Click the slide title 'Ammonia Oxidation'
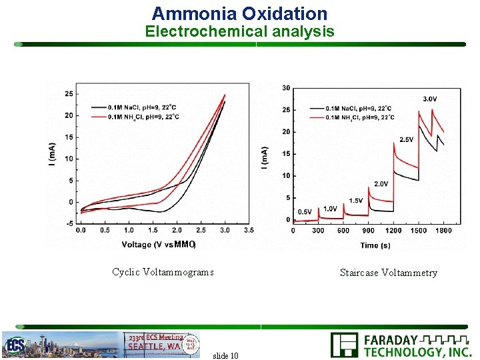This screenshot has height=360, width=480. pos(239,13)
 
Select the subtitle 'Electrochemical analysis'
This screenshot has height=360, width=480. pos(239,31)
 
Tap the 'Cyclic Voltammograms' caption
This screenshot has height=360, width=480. pos(163,272)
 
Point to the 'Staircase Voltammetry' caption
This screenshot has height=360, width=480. pos(388,273)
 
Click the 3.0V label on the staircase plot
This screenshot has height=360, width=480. pos(431,99)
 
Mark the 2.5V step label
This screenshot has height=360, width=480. pos(407,139)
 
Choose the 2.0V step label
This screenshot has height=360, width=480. pos(381,183)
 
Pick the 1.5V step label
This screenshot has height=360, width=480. pos(355,201)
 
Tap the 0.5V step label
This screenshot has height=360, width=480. pos(304,211)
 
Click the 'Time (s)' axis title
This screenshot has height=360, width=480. pos(375,245)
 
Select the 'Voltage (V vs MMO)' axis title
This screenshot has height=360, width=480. pos(159,245)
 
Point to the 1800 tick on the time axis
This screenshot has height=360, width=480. pos(443,231)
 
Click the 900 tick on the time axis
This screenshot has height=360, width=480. pos(368,231)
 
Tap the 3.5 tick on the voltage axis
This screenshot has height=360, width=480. pos(249,230)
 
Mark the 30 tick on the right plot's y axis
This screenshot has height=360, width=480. pos(285,88)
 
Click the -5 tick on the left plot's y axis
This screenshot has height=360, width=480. pos(69,223)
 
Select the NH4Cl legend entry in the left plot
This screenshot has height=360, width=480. pos(144,117)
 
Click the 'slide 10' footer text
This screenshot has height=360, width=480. pos(225,355)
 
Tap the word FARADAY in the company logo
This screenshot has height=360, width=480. pos(391,340)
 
